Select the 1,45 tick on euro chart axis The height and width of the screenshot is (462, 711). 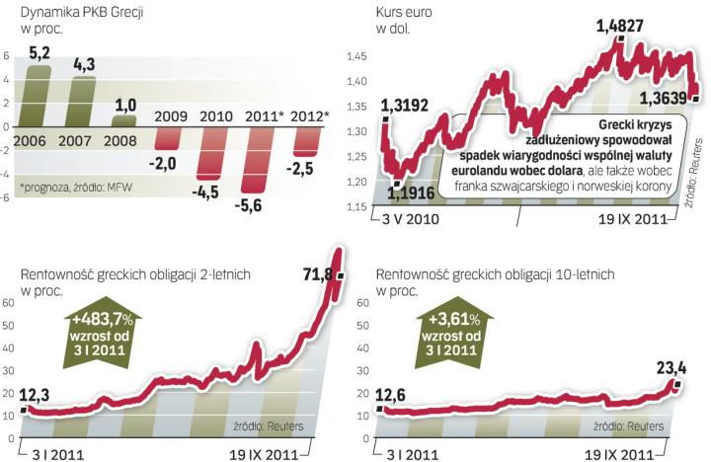[357, 59]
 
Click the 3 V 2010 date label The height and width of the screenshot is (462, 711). [414, 217]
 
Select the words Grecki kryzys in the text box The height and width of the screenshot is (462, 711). [637, 125]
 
